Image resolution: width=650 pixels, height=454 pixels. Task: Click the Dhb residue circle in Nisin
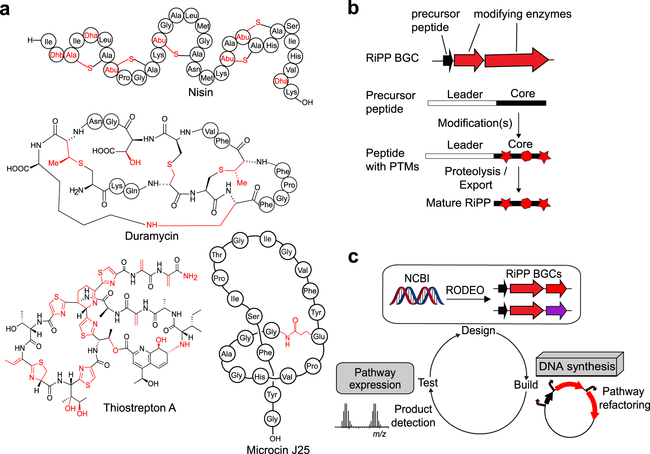tap(56, 55)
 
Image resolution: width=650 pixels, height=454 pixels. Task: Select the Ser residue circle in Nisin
tap(292, 26)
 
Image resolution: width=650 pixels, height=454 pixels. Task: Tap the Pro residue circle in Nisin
tap(124, 78)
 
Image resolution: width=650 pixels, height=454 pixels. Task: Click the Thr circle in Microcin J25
tap(217, 254)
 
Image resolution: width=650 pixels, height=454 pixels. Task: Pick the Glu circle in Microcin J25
tap(319, 336)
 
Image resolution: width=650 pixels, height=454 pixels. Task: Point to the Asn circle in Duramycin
tap(95, 122)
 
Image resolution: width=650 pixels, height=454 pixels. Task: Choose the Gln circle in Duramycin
tap(131, 190)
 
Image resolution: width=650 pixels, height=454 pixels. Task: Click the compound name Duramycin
tap(152, 236)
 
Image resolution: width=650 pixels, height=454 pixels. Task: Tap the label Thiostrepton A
tap(139, 408)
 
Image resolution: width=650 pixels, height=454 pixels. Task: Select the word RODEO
tap(465, 290)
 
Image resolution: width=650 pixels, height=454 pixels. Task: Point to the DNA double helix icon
tap(417, 296)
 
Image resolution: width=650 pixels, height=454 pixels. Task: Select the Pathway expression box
tap(375, 378)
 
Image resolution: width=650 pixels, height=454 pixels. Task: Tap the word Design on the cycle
tap(478, 331)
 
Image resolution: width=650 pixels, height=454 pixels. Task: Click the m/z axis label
tap(379, 434)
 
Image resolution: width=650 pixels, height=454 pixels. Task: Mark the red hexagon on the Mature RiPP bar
tap(526, 203)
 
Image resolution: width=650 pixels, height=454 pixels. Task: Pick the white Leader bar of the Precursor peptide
tap(462, 103)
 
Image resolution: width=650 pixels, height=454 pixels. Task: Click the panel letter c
tap(353, 257)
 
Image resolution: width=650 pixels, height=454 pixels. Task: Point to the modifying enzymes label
tap(522, 14)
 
